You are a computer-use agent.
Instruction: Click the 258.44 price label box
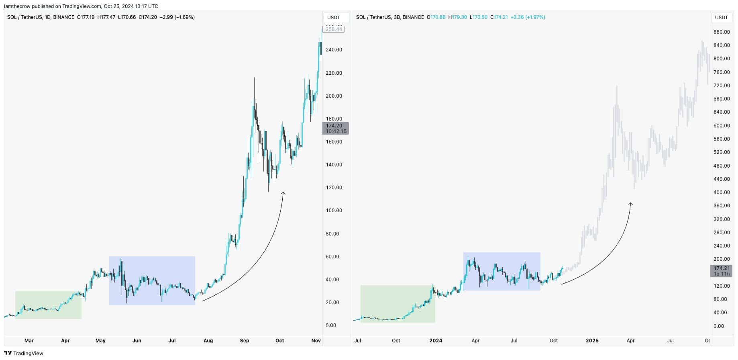pos(334,29)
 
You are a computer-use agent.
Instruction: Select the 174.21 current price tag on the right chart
pos(721,271)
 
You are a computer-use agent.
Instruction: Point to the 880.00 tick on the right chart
pos(721,32)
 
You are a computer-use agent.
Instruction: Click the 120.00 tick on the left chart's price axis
pos(334,188)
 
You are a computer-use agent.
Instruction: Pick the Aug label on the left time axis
pos(208,341)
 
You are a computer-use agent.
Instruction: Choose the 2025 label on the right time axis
pos(592,341)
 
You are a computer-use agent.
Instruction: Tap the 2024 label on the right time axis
pos(435,341)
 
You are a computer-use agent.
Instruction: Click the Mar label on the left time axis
pos(29,341)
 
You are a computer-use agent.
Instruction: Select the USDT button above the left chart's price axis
pos(334,18)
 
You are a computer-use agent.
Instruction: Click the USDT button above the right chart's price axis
pos(721,18)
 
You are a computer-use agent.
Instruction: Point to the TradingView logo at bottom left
pos(24,354)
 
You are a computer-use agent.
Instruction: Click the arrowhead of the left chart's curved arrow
pos(283,193)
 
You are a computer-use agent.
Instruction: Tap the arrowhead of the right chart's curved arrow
pos(631,204)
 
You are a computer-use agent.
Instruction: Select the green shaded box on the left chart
pos(48,305)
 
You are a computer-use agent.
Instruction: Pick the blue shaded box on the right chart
pos(502,271)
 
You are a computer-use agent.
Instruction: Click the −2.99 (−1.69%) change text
pos(177,17)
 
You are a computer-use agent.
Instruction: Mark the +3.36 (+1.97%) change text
pos(528,17)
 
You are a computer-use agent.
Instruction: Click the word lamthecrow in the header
pos(18,6)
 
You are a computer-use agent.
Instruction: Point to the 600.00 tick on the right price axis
pos(721,125)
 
